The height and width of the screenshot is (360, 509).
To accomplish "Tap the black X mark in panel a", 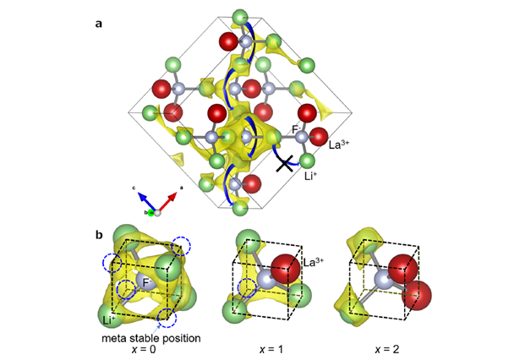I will [286, 163].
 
